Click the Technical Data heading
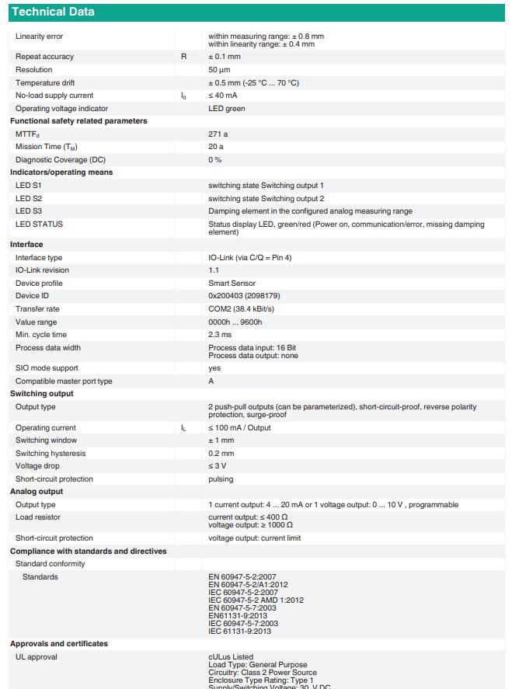pyautogui.click(x=53, y=12)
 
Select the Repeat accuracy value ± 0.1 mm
pyautogui.click(x=225, y=57)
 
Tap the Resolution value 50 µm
pyautogui.click(x=218, y=70)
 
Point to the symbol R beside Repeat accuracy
pyautogui.click(x=184, y=57)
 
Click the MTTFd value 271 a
pyautogui.click(x=218, y=134)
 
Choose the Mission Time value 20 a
pyautogui.click(x=216, y=147)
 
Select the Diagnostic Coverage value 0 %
pyautogui.click(x=215, y=160)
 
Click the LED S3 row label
pyautogui.click(x=29, y=211)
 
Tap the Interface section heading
pyautogui.click(x=26, y=245)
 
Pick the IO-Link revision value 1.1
pyautogui.click(x=214, y=270)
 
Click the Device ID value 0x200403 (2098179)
pyautogui.click(x=244, y=296)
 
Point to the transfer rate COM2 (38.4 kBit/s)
pyautogui.click(x=241, y=309)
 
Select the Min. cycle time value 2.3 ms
pyautogui.click(x=220, y=335)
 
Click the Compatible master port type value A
pyautogui.click(x=211, y=381)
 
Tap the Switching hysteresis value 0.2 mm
pyautogui.click(x=221, y=454)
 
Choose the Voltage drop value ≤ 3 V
pyautogui.click(x=218, y=466)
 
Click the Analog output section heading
pyautogui.click(x=37, y=492)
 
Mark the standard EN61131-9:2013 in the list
pyautogui.click(x=238, y=616)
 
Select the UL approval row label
pyautogui.click(x=37, y=657)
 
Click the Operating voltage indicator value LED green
pyautogui.click(x=227, y=109)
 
